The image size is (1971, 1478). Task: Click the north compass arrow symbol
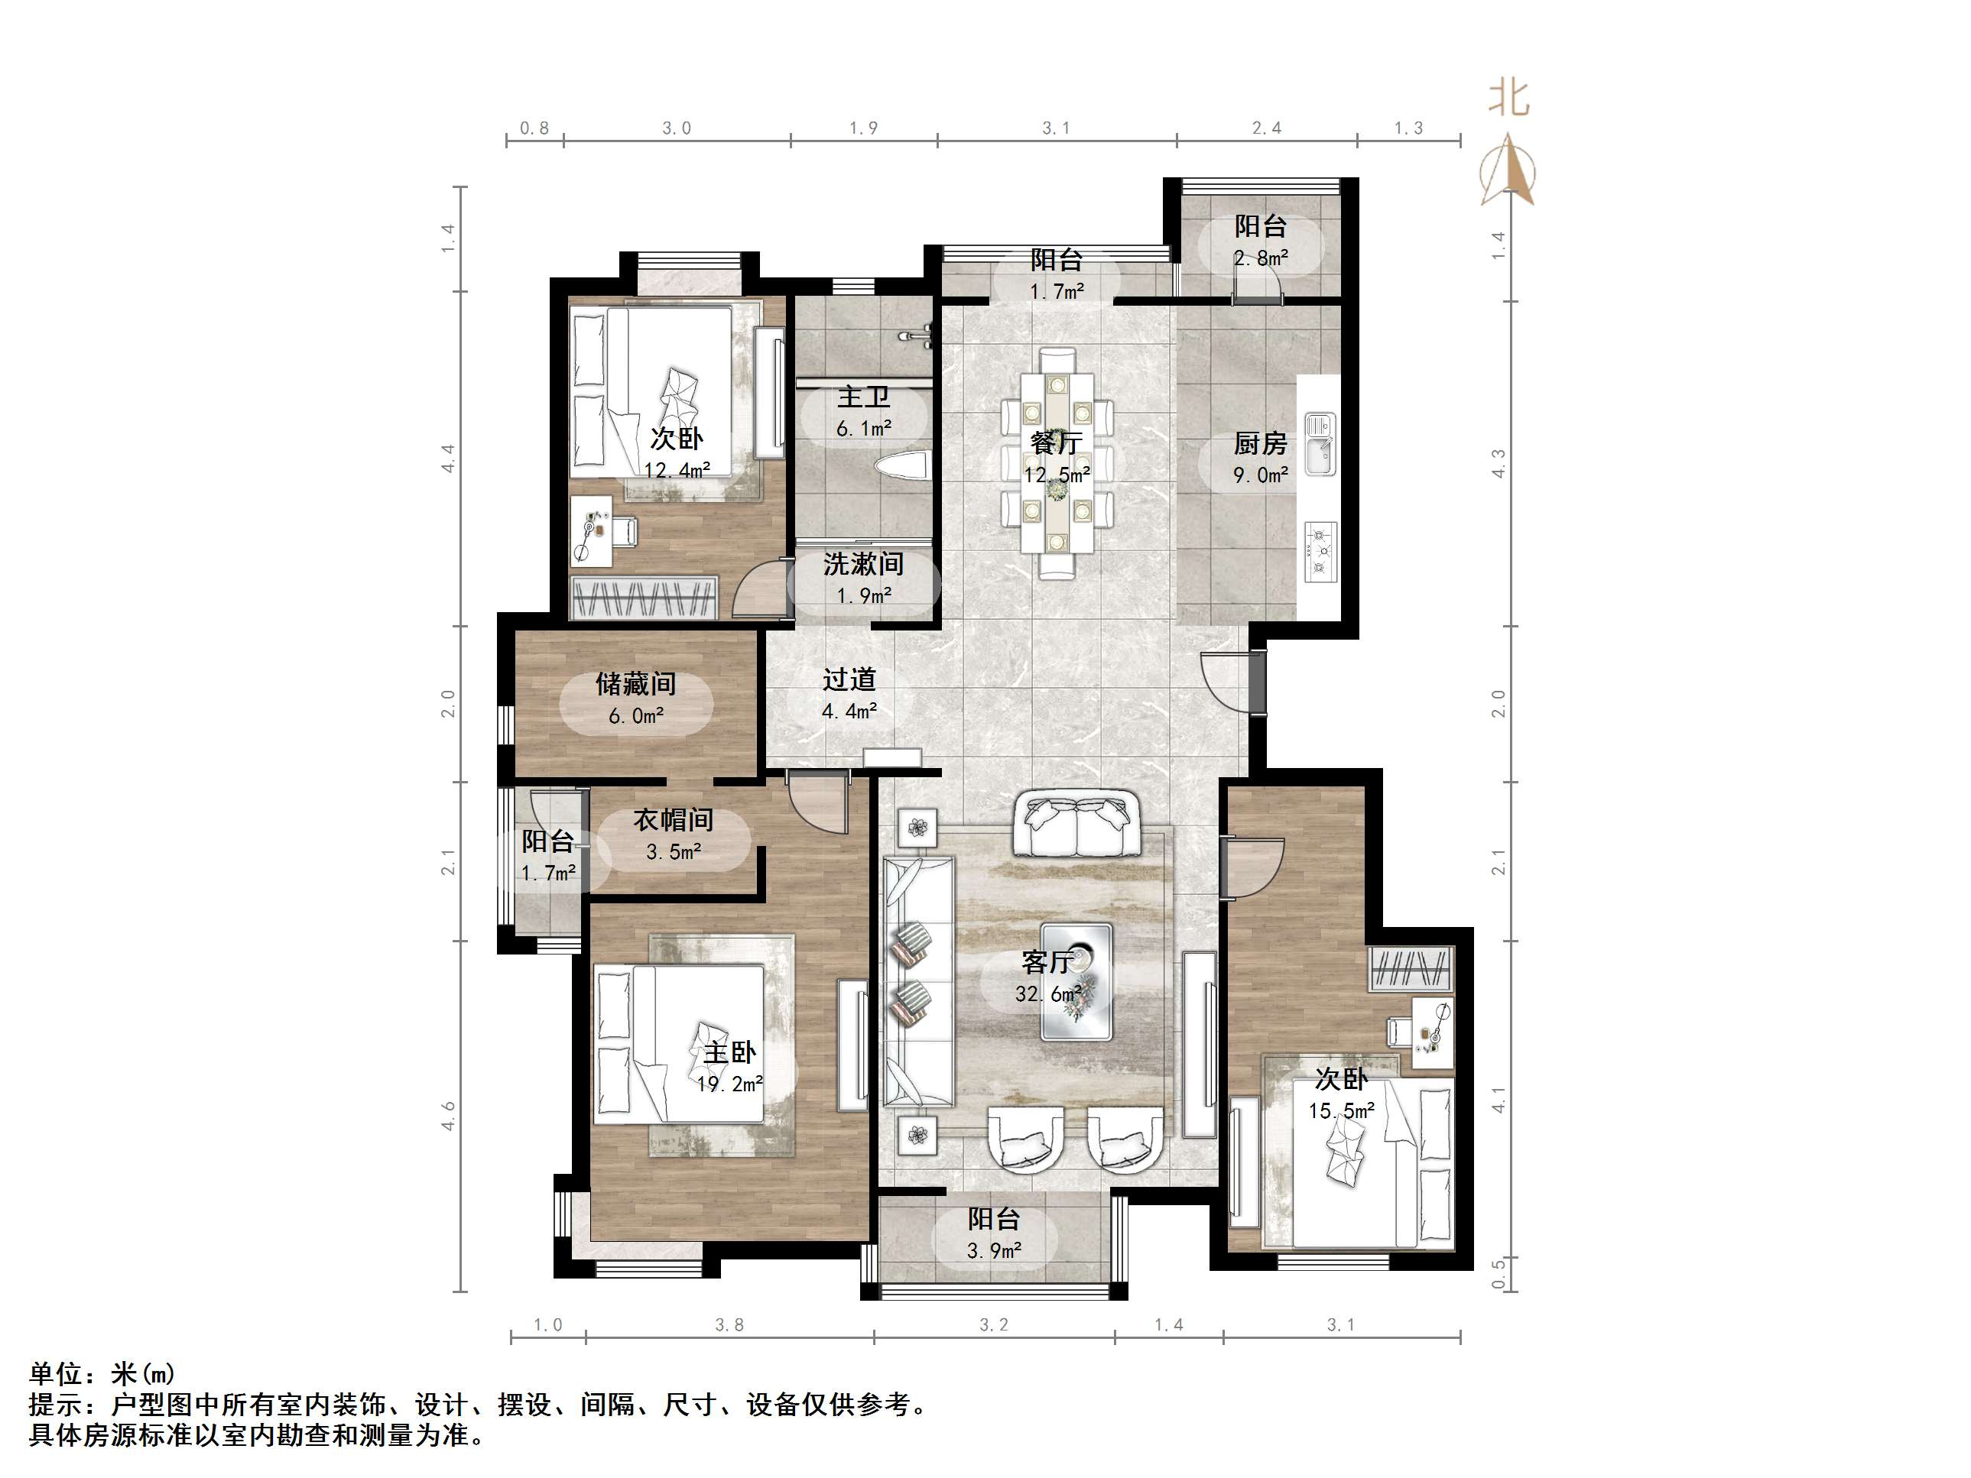[1507, 169]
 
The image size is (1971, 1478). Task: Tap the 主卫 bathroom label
[862, 397]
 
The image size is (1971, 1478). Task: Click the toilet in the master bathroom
[901, 465]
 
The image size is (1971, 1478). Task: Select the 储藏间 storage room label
[635, 683]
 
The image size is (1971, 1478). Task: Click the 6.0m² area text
[636, 715]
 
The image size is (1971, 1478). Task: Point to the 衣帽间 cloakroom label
[674, 820]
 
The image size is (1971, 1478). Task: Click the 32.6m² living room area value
[1048, 993]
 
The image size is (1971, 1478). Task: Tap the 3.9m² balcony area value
[993, 1251]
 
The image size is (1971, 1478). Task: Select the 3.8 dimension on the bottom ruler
[729, 1324]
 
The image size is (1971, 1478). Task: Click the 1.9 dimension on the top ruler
[862, 128]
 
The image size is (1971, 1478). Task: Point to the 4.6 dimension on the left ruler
[448, 1116]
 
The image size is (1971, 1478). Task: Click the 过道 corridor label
[849, 679]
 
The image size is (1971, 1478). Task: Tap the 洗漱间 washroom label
[862, 564]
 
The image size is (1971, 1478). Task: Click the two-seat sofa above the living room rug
[1077, 823]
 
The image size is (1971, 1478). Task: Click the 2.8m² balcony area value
[1261, 258]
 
